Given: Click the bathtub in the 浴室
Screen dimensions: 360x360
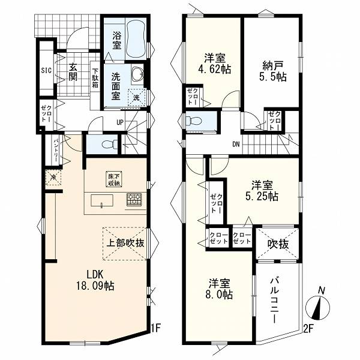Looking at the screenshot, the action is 136,38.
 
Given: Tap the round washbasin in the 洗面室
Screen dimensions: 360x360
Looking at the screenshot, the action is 137,73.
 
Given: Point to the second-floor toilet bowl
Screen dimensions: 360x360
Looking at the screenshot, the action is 194,121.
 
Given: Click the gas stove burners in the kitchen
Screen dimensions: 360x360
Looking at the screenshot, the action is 134,199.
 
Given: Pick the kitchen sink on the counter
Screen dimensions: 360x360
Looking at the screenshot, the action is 102,201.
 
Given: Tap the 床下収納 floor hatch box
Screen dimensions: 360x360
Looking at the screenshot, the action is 114,179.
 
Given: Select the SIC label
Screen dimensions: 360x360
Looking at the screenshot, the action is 46,70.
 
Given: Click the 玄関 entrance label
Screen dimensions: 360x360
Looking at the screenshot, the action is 73,71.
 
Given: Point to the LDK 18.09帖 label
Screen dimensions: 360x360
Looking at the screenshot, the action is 95,280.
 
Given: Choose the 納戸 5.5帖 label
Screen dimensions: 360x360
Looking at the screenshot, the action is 273,71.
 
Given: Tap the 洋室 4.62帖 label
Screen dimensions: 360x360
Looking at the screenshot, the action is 214,64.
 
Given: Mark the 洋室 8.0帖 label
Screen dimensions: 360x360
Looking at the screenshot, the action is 219,289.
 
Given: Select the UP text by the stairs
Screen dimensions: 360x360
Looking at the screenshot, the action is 120,122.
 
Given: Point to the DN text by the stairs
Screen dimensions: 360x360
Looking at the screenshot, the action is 236,145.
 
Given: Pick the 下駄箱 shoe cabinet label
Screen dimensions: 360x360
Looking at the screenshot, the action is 95,78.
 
